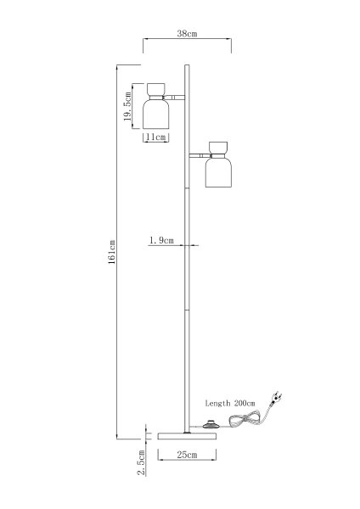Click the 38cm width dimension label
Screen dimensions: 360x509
pyautogui.click(x=187, y=33)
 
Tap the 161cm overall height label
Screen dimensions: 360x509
pyautogui.click(x=111, y=252)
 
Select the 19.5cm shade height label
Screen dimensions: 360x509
pyautogui.click(x=127, y=106)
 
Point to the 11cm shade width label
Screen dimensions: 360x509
pyautogui.click(x=155, y=137)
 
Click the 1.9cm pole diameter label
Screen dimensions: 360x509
pyautogui.click(x=161, y=241)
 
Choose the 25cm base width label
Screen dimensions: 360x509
pyautogui.click(x=187, y=455)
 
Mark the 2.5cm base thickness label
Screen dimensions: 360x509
pyautogui.click(x=142, y=462)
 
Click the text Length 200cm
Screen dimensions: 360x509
pyautogui.click(x=230, y=403)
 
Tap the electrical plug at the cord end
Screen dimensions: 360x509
pyautogui.click(x=276, y=398)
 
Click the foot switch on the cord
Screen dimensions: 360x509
pyautogui.click(x=210, y=424)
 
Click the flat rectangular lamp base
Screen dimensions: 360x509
pyautogui.click(x=187, y=436)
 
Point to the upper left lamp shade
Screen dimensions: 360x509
pyautogui.click(x=156, y=114)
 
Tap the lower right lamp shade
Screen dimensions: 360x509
pyautogui.click(x=218, y=172)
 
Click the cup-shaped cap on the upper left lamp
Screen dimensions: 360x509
pyautogui.click(x=156, y=89)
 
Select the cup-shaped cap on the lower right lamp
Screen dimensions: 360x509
pyautogui.click(x=218, y=148)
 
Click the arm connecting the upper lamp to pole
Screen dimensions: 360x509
pyautogui.click(x=174, y=98)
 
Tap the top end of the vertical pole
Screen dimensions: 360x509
pyautogui.click(x=187, y=65)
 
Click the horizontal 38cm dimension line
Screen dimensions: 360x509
pyautogui.click(x=187, y=39)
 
